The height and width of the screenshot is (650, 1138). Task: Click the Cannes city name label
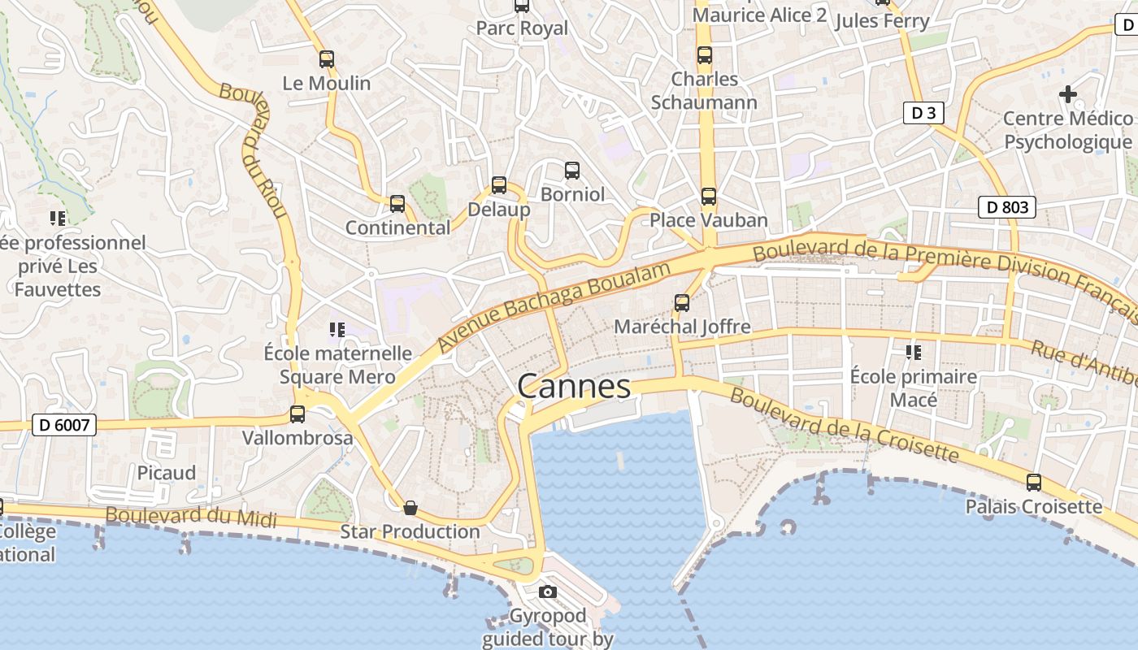point(574,387)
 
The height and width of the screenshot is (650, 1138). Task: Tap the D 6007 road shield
point(64,424)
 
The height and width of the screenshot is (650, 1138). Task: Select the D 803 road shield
point(1007,207)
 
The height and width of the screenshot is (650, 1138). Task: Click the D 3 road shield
point(923,113)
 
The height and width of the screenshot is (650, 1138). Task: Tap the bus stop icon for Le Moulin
point(327,59)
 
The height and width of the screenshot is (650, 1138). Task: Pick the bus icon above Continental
point(397,204)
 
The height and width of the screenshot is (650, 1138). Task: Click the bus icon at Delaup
point(499,185)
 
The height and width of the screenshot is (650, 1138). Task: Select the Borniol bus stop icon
point(572,171)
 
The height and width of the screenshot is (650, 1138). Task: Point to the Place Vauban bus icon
point(709,197)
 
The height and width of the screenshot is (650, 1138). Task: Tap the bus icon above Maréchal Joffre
point(682,303)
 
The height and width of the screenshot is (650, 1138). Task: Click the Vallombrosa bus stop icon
point(298,414)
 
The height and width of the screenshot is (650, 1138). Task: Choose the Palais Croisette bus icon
point(1034,483)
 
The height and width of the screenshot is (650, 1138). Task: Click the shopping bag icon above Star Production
point(410,508)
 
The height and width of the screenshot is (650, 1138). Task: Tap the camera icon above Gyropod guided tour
point(548,591)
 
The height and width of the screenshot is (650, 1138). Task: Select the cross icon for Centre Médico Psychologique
point(1068,94)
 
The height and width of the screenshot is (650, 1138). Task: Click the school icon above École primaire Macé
point(914,353)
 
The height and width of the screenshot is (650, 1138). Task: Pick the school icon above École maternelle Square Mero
point(337,329)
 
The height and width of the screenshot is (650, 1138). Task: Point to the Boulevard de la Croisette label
point(844,426)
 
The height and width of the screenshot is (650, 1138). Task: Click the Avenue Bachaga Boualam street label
point(556,306)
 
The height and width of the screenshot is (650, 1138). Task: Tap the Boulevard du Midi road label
point(191,517)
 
